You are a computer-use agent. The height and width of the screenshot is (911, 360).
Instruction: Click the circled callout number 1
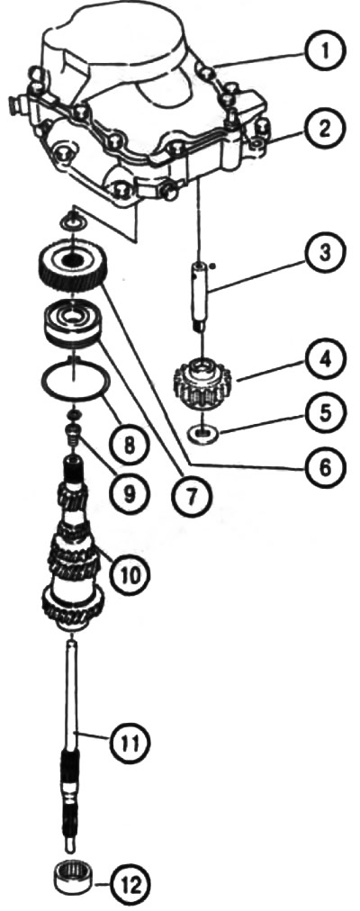click(x=325, y=51)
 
